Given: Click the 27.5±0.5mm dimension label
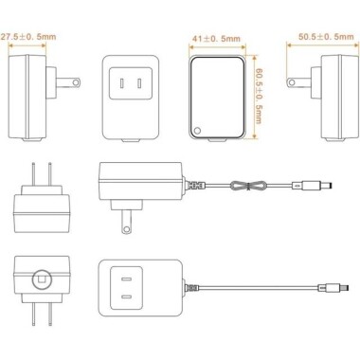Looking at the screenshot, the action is coord(27,36).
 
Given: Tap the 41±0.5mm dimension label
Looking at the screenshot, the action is coord(216,39).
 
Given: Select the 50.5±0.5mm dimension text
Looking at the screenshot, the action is coord(326,36).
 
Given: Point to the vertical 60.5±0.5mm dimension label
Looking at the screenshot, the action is coord(259,96).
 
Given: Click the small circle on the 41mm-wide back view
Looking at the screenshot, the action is coord(197,130).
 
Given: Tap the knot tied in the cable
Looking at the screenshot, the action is coord(249,186).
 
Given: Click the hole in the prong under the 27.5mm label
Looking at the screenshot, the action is coord(76,82).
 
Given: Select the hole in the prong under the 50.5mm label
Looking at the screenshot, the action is coord(292,82).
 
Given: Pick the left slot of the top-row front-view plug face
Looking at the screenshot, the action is coord(122,83).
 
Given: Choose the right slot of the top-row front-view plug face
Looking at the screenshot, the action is coord(139,83).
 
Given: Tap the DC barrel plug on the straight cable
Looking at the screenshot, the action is coord(333,288).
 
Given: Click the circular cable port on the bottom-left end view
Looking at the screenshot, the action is coord(42,279).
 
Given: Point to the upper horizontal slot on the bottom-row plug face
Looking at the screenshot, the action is coord(126,279).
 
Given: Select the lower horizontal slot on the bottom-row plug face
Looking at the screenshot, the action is coord(126,297).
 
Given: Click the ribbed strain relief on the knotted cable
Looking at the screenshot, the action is coord(195,185).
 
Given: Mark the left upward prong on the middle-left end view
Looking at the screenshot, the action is coord(33,174).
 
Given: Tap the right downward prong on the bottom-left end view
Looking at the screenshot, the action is coord(50,315).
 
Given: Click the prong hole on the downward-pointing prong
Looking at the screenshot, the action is coord(126,228).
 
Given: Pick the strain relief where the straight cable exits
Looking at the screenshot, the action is coord(192,288).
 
